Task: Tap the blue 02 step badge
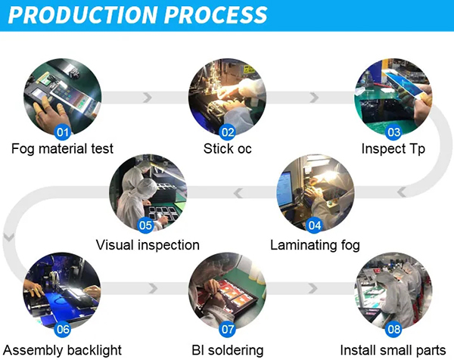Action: pyautogui.click(x=227, y=132)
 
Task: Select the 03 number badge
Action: pyautogui.click(x=393, y=132)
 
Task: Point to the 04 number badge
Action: pyautogui.click(x=315, y=225)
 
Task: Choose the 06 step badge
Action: pyautogui.click(x=63, y=329)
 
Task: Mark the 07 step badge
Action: pyautogui.click(x=227, y=329)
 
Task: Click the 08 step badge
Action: pyautogui.click(x=393, y=329)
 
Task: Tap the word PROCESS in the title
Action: pyautogui.click(x=218, y=15)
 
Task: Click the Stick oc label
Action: pyautogui.click(x=227, y=149)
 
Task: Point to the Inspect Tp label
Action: pyautogui.click(x=393, y=149)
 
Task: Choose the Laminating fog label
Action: pyautogui.click(x=315, y=245)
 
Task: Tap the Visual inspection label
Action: pyautogui.click(x=148, y=245)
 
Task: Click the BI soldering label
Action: pyautogui.click(x=227, y=349)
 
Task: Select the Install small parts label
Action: pyautogui.click(x=393, y=349)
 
